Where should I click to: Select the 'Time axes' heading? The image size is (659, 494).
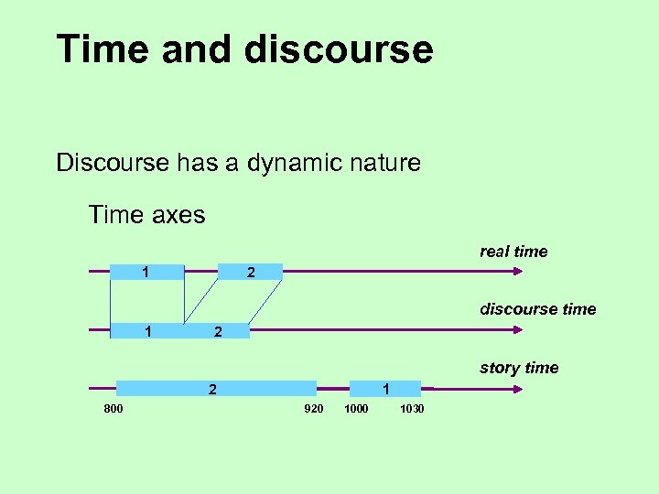[x=146, y=216]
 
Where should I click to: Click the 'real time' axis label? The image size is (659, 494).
[x=513, y=252]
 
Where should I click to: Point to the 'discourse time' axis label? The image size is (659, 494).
[x=537, y=309]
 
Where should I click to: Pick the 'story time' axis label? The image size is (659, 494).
[x=518, y=368]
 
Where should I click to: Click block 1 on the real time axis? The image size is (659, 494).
[x=146, y=272]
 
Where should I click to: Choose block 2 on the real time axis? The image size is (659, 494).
[x=250, y=272]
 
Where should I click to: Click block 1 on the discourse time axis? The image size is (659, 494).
[x=146, y=330]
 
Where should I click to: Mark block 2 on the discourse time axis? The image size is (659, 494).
[x=217, y=331]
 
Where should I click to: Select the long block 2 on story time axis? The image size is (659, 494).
[x=216, y=389]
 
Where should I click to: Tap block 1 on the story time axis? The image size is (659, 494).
[x=384, y=389]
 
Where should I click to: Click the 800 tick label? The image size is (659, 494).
[x=113, y=409]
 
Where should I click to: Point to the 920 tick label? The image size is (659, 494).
[x=313, y=409]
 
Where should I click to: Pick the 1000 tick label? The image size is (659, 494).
[x=356, y=409]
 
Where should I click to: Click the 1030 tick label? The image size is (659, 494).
[x=412, y=409]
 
